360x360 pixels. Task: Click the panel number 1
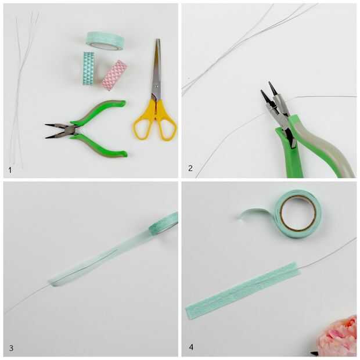point(10,170)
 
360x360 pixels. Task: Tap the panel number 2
point(190,168)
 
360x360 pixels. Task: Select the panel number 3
point(11,348)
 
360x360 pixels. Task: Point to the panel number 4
point(191,347)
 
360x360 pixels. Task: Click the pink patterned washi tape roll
point(114,75)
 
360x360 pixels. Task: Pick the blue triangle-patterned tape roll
point(89,69)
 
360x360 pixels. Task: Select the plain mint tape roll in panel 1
point(105,41)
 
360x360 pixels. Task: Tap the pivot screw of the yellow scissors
point(157,87)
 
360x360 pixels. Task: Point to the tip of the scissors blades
point(158,39)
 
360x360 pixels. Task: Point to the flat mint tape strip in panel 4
point(243,291)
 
